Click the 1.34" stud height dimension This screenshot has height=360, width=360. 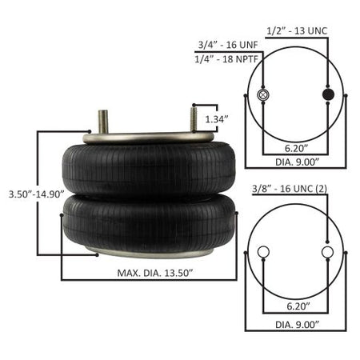coord(217,118)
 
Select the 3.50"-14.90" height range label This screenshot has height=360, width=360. coord(30,194)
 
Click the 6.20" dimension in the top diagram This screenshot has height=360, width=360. coord(295,148)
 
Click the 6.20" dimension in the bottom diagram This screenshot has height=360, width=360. coord(295,306)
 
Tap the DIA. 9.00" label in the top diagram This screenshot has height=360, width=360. coord(295,162)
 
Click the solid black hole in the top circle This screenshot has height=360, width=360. coord(327,96)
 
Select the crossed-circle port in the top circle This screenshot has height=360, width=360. coord(263,96)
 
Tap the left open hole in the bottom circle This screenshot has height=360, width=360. coord(263,253)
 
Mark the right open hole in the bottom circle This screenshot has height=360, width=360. coord(327,253)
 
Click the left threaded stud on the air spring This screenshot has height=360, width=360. coord(102,122)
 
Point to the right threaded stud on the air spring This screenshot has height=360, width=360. coord(193,120)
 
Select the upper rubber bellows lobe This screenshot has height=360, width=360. coord(149,170)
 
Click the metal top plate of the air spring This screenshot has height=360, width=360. coord(149,139)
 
